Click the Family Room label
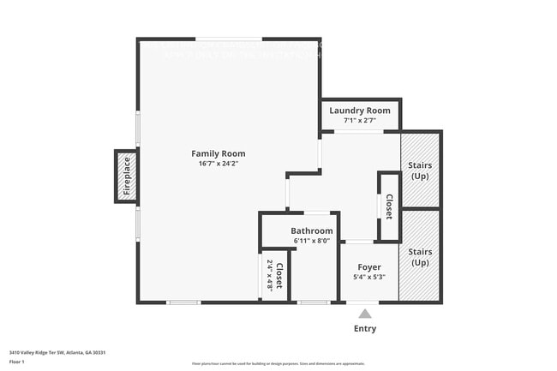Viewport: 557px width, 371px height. click(x=221, y=153)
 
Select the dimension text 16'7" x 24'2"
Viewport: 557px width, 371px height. click(x=220, y=164)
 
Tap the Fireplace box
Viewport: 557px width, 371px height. click(x=127, y=176)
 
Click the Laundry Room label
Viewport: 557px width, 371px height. click(x=360, y=111)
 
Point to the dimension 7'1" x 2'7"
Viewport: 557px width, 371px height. click(x=360, y=121)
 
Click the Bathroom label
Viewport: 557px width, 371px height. click(x=311, y=230)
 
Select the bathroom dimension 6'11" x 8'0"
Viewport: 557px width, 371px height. click(x=311, y=241)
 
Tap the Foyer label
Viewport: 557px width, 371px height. click(x=369, y=267)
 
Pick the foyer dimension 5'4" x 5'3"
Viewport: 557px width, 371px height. click(x=369, y=277)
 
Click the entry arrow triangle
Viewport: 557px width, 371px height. click(x=364, y=314)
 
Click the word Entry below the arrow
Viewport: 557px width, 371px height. click(x=364, y=328)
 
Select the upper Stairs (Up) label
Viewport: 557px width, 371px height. click(x=420, y=170)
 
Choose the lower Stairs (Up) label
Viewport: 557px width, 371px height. click(x=420, y=257)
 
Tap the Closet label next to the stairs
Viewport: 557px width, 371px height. click(x=389, y=206)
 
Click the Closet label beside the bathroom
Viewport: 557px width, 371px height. click(x=279, y=275)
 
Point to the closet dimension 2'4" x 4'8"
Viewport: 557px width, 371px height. click(x=269, y=275)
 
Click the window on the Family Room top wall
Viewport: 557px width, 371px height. click(x=229, y=39)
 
